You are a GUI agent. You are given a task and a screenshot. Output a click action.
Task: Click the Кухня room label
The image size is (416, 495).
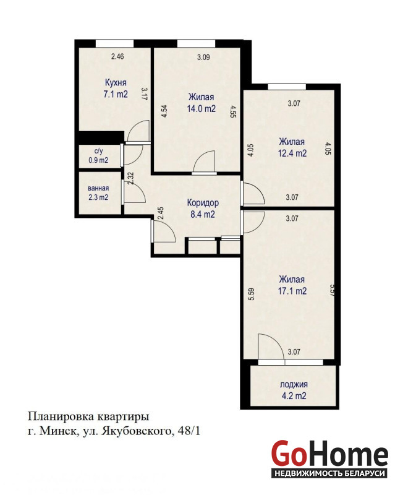pyautogui.click(x=116, y=83)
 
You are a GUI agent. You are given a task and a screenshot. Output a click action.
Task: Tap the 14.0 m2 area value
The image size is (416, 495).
pyautogui.click(x=202, y=109)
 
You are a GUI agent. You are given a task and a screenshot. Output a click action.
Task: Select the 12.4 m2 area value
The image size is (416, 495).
pyautogui.click(x=292, y=153)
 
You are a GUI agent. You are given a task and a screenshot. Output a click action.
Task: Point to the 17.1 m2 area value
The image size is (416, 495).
pyautogui.click(x=292, y=291)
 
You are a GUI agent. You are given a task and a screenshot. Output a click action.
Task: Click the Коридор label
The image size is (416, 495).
pyautogui.click(x=203, y=203)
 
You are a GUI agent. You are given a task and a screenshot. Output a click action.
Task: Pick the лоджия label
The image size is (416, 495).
pyautogui.click(x=294, y=385)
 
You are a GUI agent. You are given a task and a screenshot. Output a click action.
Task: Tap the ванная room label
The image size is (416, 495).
pyautogui.click(x=98, y=188)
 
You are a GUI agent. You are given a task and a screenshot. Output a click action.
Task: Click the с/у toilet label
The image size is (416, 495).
pyautogui.click(x=99, y=152)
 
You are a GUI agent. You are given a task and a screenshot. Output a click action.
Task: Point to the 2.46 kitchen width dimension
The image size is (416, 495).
pyautogui.click(x=117, y=57)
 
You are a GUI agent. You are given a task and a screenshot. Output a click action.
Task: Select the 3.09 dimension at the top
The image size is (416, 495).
pyautogui.click(x=203, y=58)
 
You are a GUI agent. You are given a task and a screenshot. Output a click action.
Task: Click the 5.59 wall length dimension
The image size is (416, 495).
pyautogui.click(x=252, y=295)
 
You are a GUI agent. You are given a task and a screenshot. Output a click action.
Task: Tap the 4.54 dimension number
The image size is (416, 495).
pyautogui.click(x=164, y=111)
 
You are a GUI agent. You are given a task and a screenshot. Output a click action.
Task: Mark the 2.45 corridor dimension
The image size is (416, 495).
pyautogui.click(x=161, y=213)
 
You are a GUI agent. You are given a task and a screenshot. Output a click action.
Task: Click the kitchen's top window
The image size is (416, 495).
pyautogui.click(x=114, y=43)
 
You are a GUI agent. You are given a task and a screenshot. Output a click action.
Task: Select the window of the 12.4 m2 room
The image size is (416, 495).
pyautogui.click(x=287, y=87)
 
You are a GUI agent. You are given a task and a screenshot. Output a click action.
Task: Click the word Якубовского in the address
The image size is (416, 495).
pyautogui.click(x=136, y=431)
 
